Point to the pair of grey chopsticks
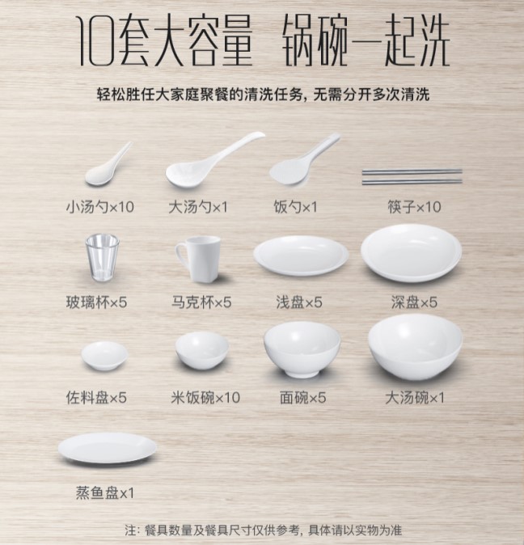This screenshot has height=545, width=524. [x=412, y=176]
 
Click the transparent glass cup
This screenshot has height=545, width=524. [x=102, y=257]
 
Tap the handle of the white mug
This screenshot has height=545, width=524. [x=181, y=256]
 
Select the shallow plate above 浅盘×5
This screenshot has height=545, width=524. [x=301, y=256]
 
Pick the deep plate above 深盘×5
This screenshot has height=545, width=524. [x=412, y=253]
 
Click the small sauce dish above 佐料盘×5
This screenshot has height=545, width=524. [x=104, y=355]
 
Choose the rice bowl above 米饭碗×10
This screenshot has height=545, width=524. [x=202, y=350]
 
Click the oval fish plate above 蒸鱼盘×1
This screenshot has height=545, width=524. [x=108, y=448]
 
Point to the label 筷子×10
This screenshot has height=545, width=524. [x=414, y=207]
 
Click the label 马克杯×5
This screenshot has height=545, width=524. [x=201, y=302]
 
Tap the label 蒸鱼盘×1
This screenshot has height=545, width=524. [x=104, y=493]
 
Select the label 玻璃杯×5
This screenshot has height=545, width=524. [x=96, y=302]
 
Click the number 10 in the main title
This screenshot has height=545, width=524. [x=95, y=41]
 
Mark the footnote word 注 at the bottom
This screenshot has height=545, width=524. [x=131, y=530]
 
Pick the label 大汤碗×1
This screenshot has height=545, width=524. [x=415, y=398]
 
